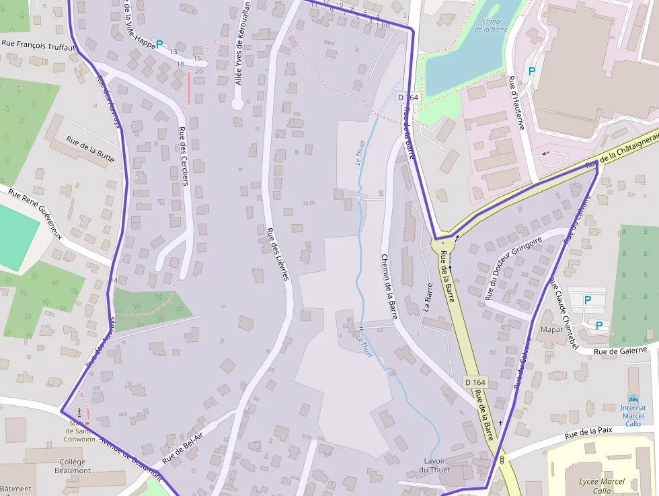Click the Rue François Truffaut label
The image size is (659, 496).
pos(34,45)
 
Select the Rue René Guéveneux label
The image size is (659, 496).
pos(36,213)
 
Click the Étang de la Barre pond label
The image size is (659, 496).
pos(490,25)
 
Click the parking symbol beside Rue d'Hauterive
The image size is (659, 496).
pos(532,71)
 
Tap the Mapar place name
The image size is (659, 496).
pos(551,330)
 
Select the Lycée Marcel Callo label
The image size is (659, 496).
pos(602,486)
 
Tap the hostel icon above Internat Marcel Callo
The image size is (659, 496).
pos(633,398)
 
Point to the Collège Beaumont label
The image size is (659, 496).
pos(73,466)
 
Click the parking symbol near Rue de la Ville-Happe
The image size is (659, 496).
pos(159,45)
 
